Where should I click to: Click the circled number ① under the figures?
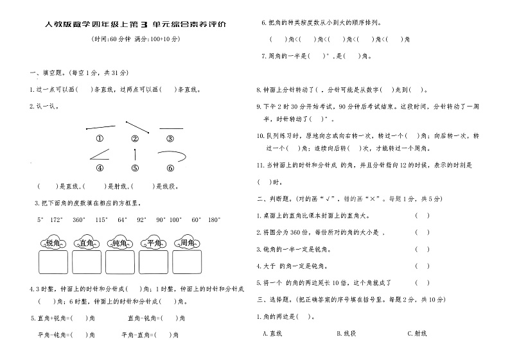click(x=100, y=139)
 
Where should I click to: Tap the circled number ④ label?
click(x=100, y=169)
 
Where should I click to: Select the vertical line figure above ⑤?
click(x=135, y=155)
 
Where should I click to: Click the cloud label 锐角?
click(x=53, y=243)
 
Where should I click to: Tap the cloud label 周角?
click(x=188, y=243)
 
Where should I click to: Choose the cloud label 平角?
click(x=154, y=243)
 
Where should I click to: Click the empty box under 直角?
click(x=87, y=262)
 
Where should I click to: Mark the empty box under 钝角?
click(x=120, y=262)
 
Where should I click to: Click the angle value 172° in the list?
click(x=56, y=219)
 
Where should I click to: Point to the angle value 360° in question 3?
click(x=78, y=219)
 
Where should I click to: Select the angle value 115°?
click(x=101, y=219)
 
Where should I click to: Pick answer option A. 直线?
click(x=273, y=333)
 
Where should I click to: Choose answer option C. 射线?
click(x=418, y=333)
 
